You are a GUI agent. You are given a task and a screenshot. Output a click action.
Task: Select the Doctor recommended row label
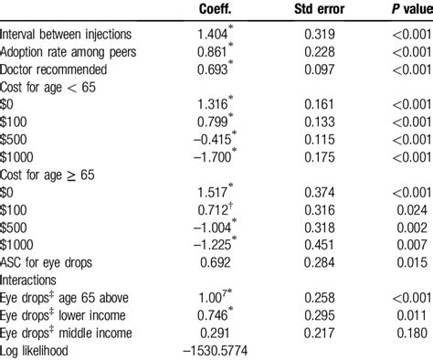point(52,69)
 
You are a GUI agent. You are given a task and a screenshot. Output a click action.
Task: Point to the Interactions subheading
point(32,280)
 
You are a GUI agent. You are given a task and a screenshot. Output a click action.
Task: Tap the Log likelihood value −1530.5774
point(209,349)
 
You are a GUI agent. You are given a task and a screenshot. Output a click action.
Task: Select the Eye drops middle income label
point(70,332)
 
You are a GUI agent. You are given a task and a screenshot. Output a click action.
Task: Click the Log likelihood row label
point(37,349)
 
